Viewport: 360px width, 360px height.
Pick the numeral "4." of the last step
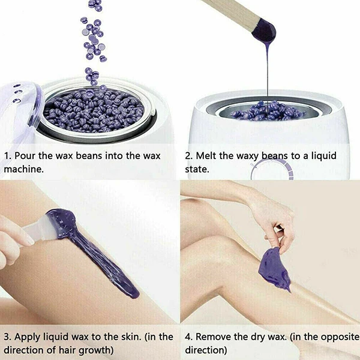point(189,336)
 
